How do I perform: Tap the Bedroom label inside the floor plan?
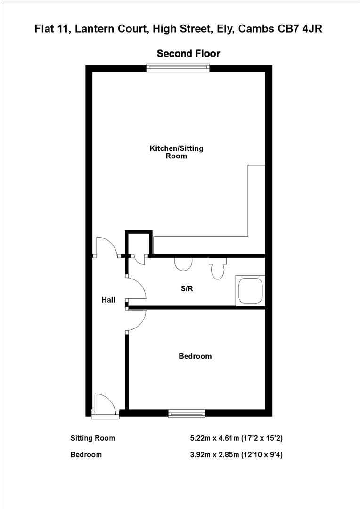(x=195, y=356)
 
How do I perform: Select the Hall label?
(x=108, y=300)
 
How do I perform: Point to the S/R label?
(x=187, y=289)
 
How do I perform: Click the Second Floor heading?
(x=188, y=54)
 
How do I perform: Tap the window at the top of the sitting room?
(x=177, y=68)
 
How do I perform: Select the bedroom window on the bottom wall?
(x=187, y=413)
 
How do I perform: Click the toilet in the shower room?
(x=217, y=269)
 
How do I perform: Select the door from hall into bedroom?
(x=136, y=320)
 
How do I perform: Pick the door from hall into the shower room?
(x=136, y=288)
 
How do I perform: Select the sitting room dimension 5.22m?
(x=200, y=438)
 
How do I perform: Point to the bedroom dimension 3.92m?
(x=200, y=455)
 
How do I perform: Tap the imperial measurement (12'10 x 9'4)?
(x=257, y=455)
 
